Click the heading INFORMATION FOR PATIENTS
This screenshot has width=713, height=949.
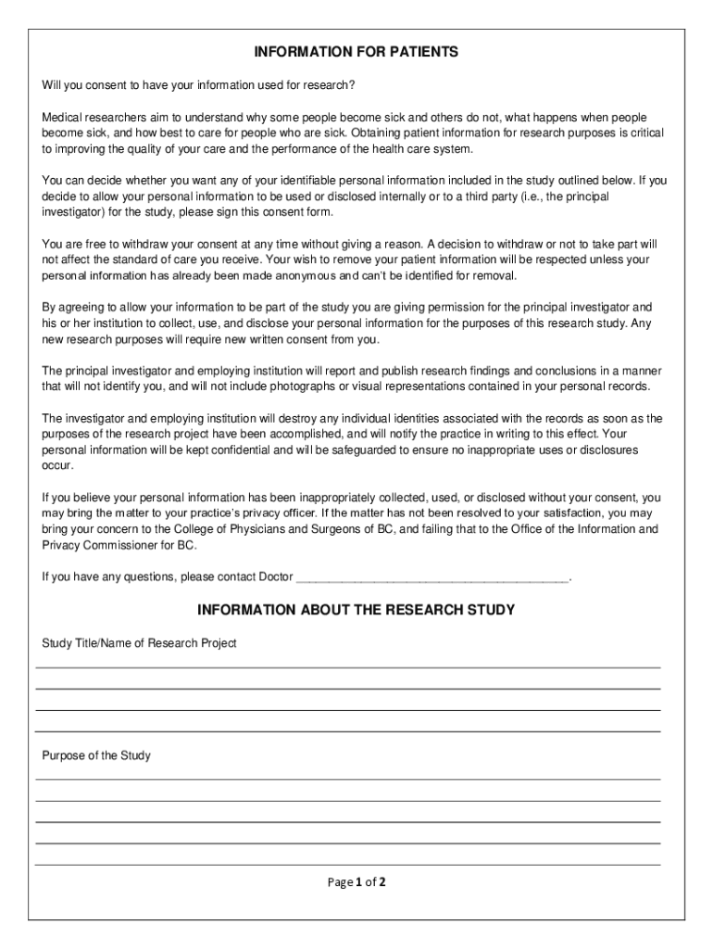tap(356, 53)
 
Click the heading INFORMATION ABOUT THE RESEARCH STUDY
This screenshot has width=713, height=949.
tap(356, 611)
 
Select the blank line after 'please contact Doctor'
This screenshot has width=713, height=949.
tap(432, 577)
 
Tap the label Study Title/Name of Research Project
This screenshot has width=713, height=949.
tap(139, 643)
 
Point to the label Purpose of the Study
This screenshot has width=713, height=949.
tap(96, 756)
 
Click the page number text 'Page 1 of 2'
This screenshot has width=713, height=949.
tap(356, 882)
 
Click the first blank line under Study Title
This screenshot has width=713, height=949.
tap(348, 667)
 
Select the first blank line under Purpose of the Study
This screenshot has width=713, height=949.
tap(348, 779)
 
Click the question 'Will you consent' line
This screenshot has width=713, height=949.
tap(198, 86)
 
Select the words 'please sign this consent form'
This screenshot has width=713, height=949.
tap(281, 212)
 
